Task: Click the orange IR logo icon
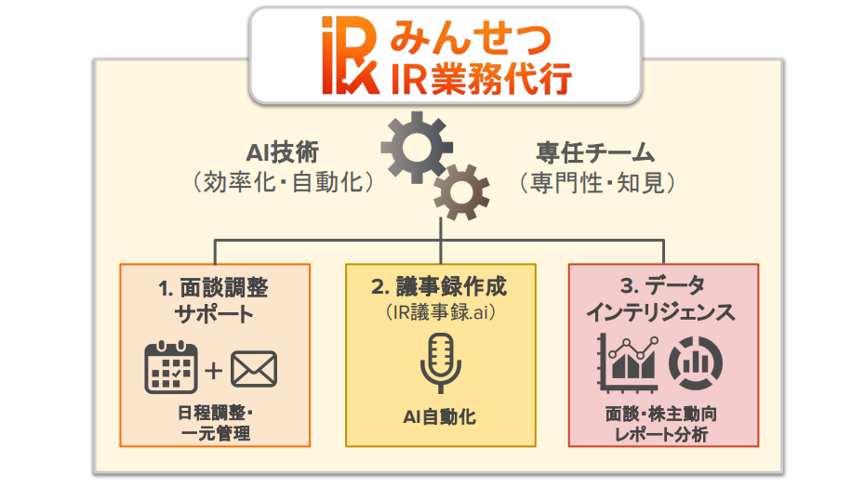point(351,56)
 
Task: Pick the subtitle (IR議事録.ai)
point(440,312)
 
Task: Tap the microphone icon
point(440,363)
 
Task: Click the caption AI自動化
point(440,415)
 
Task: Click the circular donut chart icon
point(692,363)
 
